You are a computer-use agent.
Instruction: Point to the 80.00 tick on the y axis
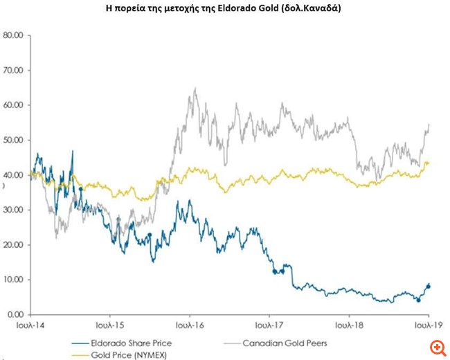[14, 35]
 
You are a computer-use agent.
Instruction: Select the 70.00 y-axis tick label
[14, 70]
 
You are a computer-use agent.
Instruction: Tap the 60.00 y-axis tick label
[14, 105]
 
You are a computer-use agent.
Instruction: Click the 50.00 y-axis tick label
[14, 140]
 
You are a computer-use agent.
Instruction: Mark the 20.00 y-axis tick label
[14, 244]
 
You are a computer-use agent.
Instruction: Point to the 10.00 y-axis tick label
[14, 280]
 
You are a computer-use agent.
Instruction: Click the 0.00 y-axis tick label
[16, 314]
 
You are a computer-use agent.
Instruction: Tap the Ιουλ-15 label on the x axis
[111, 325]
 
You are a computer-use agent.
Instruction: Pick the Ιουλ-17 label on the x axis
[270, 325]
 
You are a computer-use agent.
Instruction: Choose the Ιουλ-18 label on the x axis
[350, 325]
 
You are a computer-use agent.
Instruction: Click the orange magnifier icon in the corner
[436, 346]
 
